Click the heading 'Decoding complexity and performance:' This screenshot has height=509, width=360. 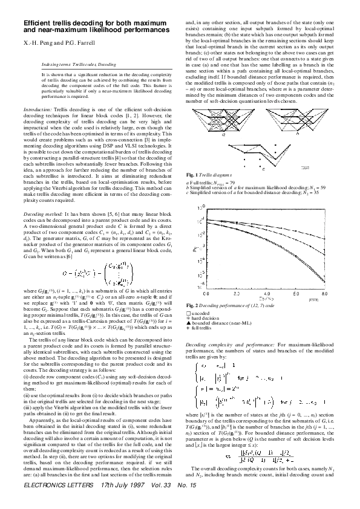point(226,343)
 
